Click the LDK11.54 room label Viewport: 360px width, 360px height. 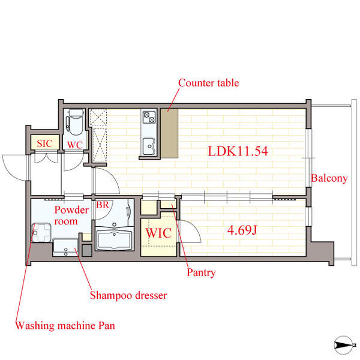238,151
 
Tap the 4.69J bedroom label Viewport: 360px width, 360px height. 242,230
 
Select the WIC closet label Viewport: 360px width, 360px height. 158,233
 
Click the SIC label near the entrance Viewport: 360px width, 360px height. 45,144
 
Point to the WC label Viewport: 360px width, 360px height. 75,145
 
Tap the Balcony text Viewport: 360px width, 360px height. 329,178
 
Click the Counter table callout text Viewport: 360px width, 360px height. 208,83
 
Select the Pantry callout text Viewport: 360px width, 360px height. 201,272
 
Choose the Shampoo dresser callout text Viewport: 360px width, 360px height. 128,295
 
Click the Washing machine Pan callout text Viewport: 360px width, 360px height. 65,326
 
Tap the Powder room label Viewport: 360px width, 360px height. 71,215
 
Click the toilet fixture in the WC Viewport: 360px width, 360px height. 74,122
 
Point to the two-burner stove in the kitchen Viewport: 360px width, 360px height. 149,117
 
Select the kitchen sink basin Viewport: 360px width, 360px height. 149,146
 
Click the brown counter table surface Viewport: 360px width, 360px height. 169,133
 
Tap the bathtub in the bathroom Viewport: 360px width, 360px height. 115,239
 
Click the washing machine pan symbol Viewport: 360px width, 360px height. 41,233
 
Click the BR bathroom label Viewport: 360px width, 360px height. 103,205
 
